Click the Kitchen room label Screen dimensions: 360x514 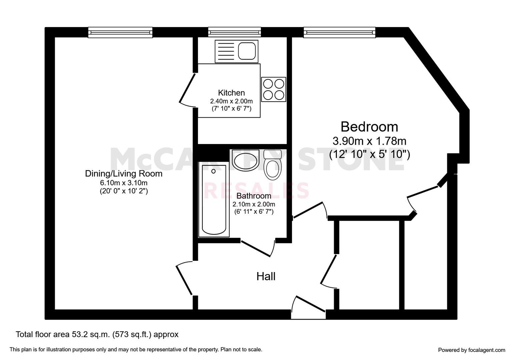231,93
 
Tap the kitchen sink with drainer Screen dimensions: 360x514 236,51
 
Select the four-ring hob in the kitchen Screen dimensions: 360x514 274,89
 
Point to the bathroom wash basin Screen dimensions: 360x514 246,160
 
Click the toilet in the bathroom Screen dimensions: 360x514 272,165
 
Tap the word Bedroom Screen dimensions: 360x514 369,127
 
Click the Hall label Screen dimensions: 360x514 266,276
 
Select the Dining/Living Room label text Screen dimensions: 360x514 124,173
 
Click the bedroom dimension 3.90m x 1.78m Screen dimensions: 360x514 369,141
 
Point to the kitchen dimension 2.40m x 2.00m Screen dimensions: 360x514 231,101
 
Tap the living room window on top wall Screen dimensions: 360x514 120,32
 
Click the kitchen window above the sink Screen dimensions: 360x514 234,32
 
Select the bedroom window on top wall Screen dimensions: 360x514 339,32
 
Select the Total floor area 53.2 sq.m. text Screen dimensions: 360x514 97,334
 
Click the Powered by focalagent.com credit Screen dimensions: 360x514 471,350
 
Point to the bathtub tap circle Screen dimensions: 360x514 213,171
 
